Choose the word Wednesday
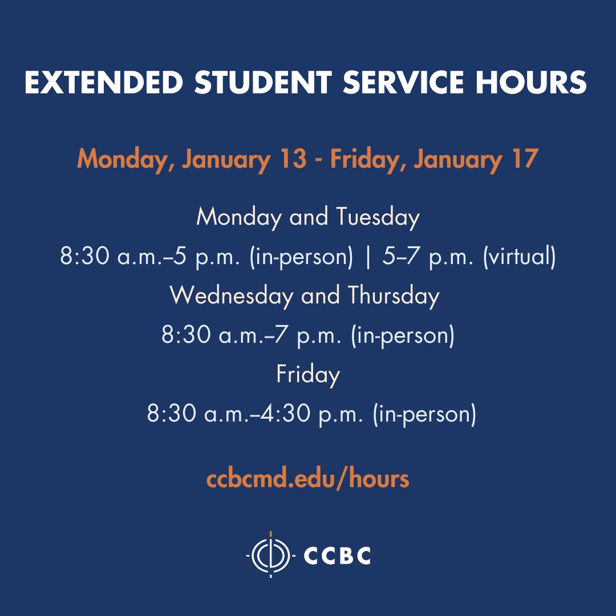click(x=232, y=295)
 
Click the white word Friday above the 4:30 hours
click(x=308, y=374)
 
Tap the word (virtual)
click(x=519, y=257)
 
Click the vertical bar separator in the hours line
click(x=368, y=257)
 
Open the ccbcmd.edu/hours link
click(x=308, y=480)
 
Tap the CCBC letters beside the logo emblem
click(x=338, y=555)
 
